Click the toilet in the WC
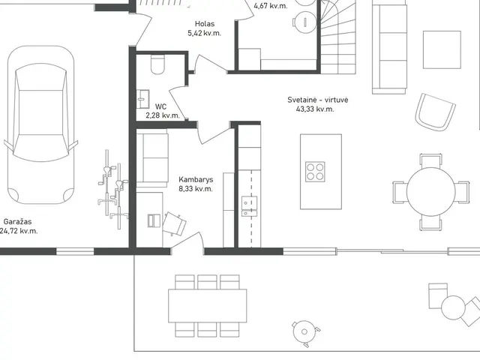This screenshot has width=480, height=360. click(157, 64)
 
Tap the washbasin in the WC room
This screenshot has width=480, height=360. click(143, 99)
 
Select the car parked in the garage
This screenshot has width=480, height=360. click(40, 125)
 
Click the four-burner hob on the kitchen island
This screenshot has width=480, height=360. click(315, 172)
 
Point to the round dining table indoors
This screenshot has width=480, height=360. click(431, 192)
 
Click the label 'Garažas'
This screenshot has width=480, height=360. click(17, 222)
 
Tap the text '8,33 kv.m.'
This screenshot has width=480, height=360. click(196, 189)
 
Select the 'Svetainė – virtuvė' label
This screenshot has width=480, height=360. click(318, 100)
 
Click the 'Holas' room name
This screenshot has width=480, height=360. click(205, 24)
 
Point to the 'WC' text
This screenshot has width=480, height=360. click(161, 106)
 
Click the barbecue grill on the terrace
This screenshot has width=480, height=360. click(304, 332)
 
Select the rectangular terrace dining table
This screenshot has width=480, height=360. click(208, 305)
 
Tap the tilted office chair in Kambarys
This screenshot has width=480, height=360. click(174, 223)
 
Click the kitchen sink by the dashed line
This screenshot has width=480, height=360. click(250, 207)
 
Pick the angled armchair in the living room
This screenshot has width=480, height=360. click(435, 112)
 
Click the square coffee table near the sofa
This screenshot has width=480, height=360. click(442, 50)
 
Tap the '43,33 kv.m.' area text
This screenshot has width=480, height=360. click(315, 109)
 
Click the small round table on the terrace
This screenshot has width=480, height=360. click(453, 307)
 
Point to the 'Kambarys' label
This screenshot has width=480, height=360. click(196, 180)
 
